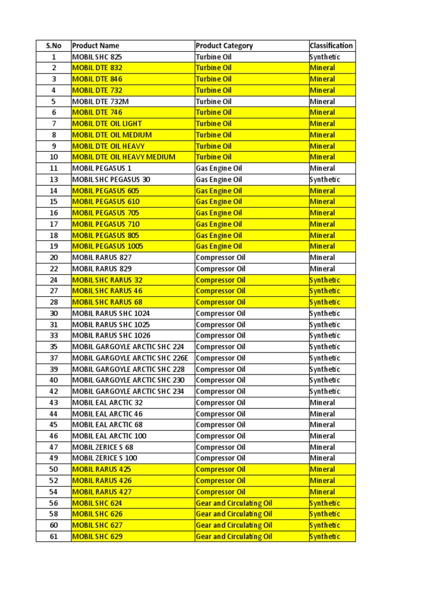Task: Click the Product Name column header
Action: point(96,45)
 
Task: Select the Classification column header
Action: point(331,45)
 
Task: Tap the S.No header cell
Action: point(54,45)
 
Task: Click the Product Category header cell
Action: point(224,45)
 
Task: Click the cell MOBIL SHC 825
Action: point(97,57)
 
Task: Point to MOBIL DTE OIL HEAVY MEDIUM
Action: point(124,157)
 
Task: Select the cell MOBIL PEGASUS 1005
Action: point(108,246)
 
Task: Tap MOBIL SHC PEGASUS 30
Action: point(111,179)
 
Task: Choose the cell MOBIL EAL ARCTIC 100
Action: point(109,436)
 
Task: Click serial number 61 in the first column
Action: point(54,537)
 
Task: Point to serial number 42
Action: point(54,391)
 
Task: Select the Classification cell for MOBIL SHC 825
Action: point(325,57)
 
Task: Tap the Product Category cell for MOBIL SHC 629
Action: point(234,537)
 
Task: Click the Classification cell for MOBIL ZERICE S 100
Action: point(322,458)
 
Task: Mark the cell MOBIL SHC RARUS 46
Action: point(107,291)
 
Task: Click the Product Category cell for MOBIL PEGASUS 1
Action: point(219,168)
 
